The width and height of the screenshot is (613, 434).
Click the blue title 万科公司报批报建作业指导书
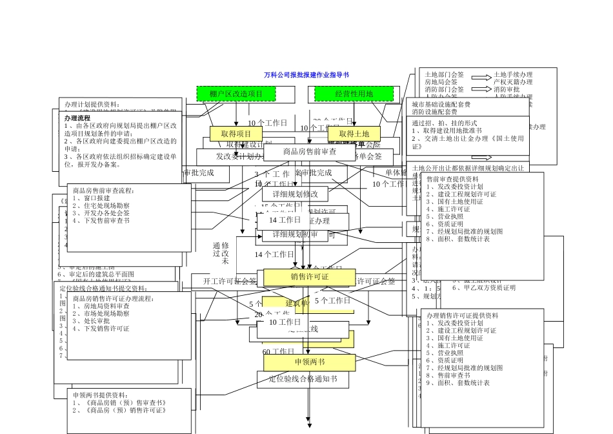[x=306, y=75]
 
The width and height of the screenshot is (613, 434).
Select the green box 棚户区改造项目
[x=236, y=94]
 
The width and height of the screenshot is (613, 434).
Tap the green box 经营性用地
[x=354, y=94]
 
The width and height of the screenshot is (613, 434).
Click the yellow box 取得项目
[x=236, y=134]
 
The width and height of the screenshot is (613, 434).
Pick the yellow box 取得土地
[x=354, y=134]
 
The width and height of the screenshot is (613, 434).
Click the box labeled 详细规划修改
[x=295, y=194]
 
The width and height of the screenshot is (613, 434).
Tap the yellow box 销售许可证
[x=310, y=277]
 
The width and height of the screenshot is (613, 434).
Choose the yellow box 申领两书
[x=310, y=362]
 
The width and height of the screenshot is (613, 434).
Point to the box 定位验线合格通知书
[x=303, y=379]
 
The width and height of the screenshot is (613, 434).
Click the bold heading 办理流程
[x=77, y=119]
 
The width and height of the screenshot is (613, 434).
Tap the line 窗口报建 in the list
[x=94, y=198]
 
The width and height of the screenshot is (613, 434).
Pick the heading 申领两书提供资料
[x=100, y=395]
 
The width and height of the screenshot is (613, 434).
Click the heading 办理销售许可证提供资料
[x=462, y=315]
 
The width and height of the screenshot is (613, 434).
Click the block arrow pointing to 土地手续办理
[x=481, y=76]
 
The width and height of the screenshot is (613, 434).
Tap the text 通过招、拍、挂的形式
[x=445, y=123]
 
